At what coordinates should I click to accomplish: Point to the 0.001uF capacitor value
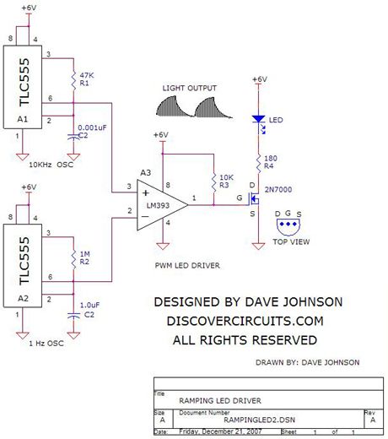[x=95, y=127]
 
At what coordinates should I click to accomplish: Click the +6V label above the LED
[x=257, y=79]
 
